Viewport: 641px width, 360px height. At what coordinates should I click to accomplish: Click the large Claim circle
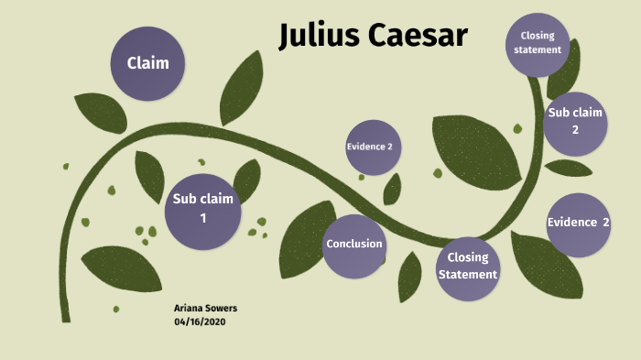point(147,63)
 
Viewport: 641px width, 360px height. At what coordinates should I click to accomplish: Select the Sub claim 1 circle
point(203,209)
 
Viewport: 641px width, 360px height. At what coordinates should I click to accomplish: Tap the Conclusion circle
point(354,245)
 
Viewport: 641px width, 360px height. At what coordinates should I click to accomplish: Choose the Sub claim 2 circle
point(575,121)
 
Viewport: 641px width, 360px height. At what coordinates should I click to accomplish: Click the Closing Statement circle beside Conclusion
point(467,267)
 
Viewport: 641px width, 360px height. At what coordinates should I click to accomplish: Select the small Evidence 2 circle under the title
point(374,147)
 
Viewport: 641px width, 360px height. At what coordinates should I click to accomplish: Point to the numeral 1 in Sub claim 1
point(203,218)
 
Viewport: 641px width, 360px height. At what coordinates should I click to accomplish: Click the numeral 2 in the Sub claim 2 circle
point(575,130)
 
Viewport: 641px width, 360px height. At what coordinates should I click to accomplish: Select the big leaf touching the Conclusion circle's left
point(302,243)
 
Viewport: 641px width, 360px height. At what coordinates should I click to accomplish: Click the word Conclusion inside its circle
point(354,245)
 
